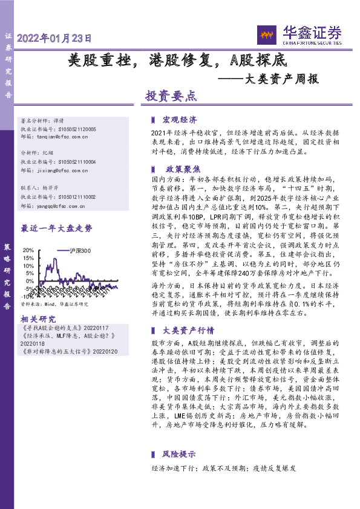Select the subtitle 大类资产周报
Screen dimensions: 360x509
click(276, 79)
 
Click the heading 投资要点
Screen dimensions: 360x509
click(171, 96)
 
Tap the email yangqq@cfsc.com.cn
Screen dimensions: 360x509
click(62, 205)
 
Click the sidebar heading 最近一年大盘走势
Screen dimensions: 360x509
click(56, 229)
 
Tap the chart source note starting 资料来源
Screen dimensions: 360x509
click(55, 305)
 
